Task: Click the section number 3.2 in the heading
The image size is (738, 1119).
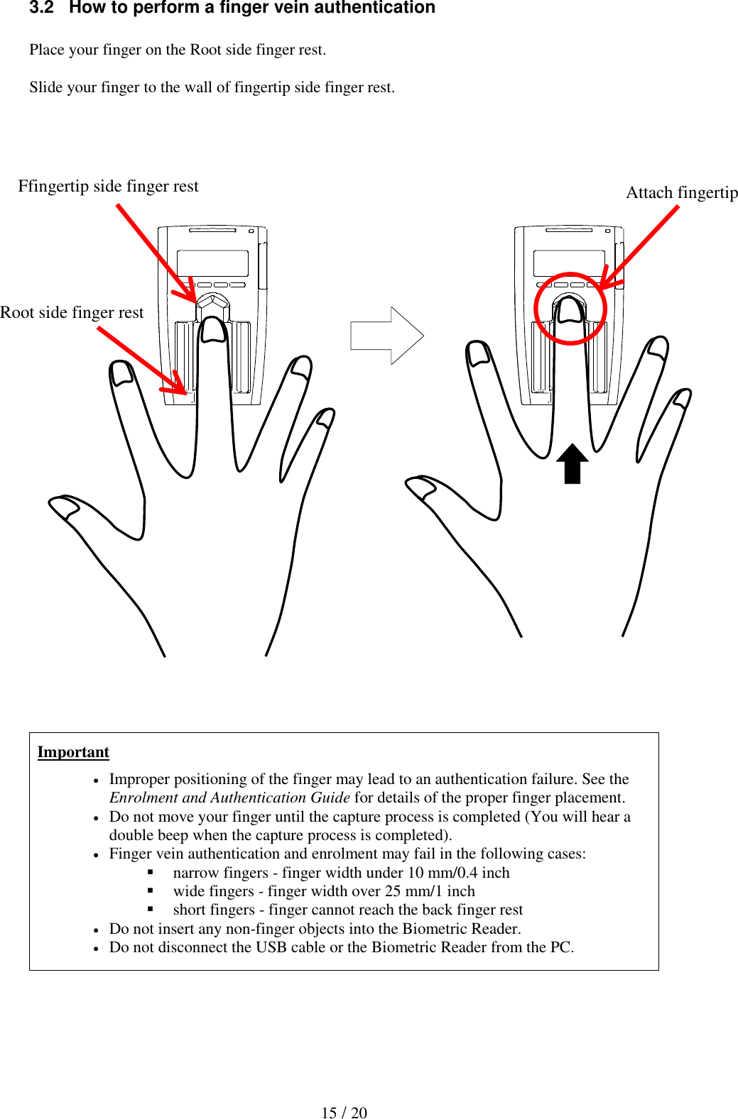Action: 41,8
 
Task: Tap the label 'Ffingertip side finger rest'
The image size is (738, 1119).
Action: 108,186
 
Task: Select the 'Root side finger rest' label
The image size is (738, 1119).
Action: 72,312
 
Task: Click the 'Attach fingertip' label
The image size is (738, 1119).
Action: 681,192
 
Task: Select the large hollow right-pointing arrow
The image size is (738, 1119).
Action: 387,336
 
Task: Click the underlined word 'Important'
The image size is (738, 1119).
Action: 73,751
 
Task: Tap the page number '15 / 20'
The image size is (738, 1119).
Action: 344,1112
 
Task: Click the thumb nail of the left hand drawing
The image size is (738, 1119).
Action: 65,507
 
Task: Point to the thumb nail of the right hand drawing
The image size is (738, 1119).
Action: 420,487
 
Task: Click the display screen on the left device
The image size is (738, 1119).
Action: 212,263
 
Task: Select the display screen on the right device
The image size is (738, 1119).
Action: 568,262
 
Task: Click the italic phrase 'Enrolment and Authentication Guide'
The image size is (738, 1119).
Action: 229,798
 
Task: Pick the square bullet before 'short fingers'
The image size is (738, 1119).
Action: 151,909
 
